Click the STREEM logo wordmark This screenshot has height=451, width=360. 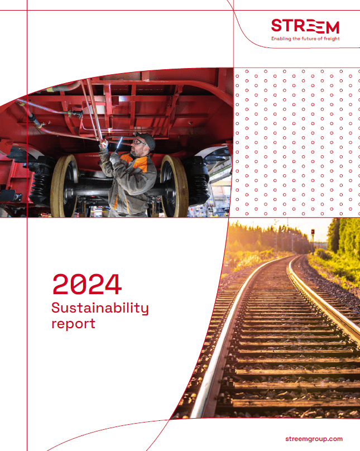pyautogui.click(x=305, y=26)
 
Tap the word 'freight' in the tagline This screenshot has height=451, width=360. pyautogui.click(x=330, y=39)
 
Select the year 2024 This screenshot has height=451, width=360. pyautogui.click(x=87, y=284)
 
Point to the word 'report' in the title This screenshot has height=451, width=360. pyautogui.click(x=73, y=323)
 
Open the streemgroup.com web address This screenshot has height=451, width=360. pyautogui.click(x=313, y=439)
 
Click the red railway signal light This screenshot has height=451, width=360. pyautogui.click(x=313, y=232)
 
